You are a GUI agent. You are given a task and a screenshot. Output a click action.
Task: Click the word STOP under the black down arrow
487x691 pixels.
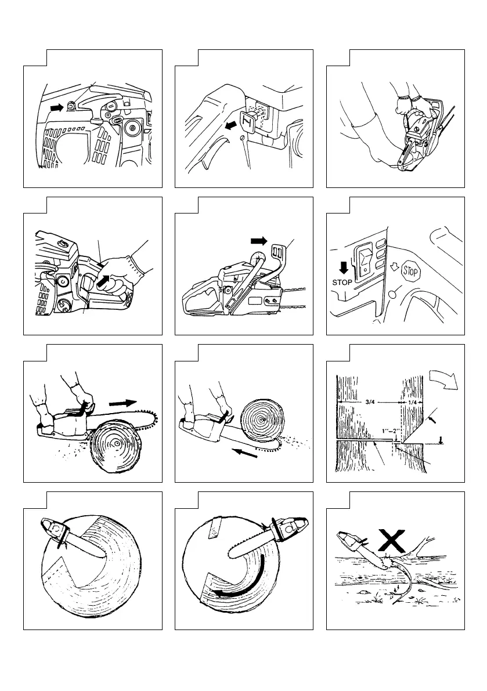pyautogui.click(x=342, y=282)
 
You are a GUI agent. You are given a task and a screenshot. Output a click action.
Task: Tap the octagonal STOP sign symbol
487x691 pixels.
pyautogui.click(x=410, y=272)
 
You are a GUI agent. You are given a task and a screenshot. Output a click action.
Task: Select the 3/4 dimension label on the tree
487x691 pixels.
pyautogui.click(x=371, y=402)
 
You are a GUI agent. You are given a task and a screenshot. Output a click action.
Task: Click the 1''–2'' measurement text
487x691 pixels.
pyautogui.click(x=391, y=432)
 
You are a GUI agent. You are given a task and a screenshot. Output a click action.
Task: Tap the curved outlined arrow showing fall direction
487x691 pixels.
pyautogui.click(x=444, y=378)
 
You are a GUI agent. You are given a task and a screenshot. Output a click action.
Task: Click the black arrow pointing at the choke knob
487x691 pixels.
pyautogui.click(x=57, y=107)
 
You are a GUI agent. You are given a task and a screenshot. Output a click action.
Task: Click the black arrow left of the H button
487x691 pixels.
pyautogui.click(x=231, y=126)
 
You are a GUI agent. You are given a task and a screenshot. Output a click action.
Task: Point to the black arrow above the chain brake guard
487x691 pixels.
pyautogui.click(x=259, y=241)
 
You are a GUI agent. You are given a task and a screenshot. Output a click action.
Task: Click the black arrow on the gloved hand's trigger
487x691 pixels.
pyautogui.click(x=103, y=281)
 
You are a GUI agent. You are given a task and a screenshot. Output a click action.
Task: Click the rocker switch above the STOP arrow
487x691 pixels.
pyautogui.click(x=363, y=262)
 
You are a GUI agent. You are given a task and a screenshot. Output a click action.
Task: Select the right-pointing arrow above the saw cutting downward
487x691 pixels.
pyautogui.click(x=123, y=403)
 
